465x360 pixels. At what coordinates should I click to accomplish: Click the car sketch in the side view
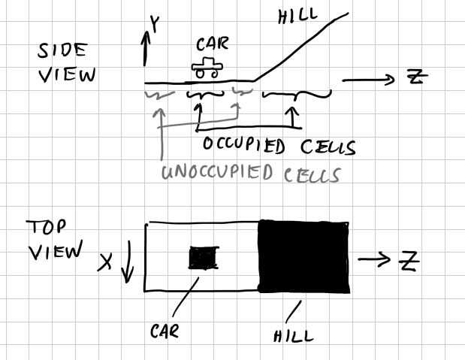[205, 68]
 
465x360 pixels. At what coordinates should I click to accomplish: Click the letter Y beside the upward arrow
[156, 26]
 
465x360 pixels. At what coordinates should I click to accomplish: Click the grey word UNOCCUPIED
[217, 173]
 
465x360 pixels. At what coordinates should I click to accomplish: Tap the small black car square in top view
[201, 258]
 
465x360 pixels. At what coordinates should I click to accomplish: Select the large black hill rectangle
[303, 256]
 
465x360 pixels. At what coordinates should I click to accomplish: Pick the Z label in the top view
[409, 261]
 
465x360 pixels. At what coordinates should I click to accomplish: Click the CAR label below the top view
[165, 331]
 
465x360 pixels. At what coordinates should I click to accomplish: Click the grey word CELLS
[311, 175]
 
